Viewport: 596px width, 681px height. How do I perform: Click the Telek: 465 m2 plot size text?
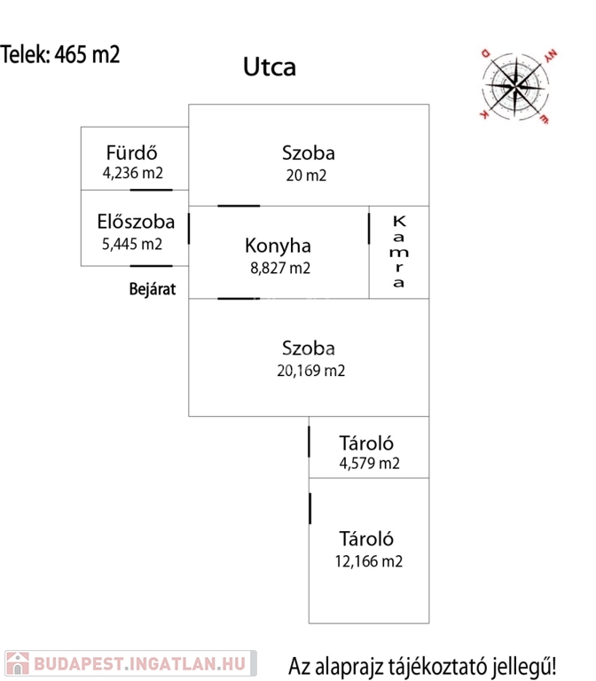(x=60, y=54)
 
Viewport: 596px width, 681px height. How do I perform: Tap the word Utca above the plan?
(x=270, y=67)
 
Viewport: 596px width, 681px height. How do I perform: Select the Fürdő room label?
(x=132, y=152)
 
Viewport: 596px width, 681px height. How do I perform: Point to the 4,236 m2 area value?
(x=133, y=173)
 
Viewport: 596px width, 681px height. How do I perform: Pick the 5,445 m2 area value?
(x=133, y=244)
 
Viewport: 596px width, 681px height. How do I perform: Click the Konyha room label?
(x=278, y=246)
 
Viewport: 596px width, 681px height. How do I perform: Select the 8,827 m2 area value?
(x=278, y=268)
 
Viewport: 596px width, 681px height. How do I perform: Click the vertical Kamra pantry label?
(x=399, y=252)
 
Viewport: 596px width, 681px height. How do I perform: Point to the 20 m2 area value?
(x=306, y=175)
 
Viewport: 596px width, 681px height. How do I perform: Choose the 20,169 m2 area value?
(x=310, y=371)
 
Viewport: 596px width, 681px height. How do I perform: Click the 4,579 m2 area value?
(x=369, y=463)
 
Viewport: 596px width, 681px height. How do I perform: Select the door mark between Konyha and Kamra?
(x=369, y=228)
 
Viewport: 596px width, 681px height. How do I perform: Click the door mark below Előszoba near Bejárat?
(x=150, y=266)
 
